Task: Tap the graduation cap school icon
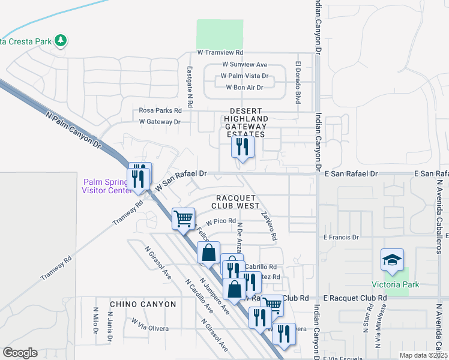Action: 392,260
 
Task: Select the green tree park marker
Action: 60,41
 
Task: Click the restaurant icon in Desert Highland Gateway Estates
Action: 242,146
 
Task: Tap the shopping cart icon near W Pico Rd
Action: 183,218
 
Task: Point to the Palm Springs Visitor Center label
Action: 106,186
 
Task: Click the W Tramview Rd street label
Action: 220,53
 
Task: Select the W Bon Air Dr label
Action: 244,88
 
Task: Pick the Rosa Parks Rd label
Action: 160,110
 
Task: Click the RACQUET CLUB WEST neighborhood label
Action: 238,202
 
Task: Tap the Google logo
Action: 20,352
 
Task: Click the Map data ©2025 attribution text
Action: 423,355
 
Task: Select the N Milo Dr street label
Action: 95,320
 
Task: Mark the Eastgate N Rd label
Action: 189,87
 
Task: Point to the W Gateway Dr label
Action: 160,122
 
